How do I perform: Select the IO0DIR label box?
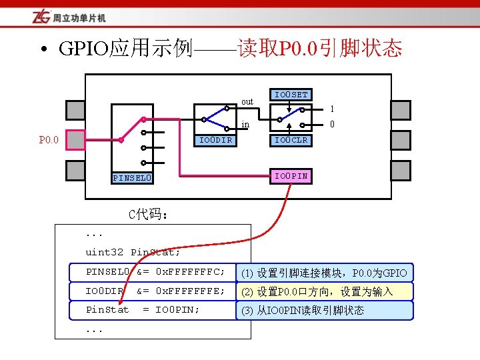point(216,140)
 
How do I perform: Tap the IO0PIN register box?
point(291,176)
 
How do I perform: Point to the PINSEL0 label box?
point(132,178)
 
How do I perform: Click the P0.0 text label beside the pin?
point(49,140)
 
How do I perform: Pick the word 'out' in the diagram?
point(247,101)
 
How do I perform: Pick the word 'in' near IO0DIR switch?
point(245,124)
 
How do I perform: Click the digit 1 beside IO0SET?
point(332,109)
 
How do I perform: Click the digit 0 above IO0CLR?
point(332,124)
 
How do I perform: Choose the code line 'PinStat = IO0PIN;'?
point(143,309)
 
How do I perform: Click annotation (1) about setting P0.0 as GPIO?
point(324,273)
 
